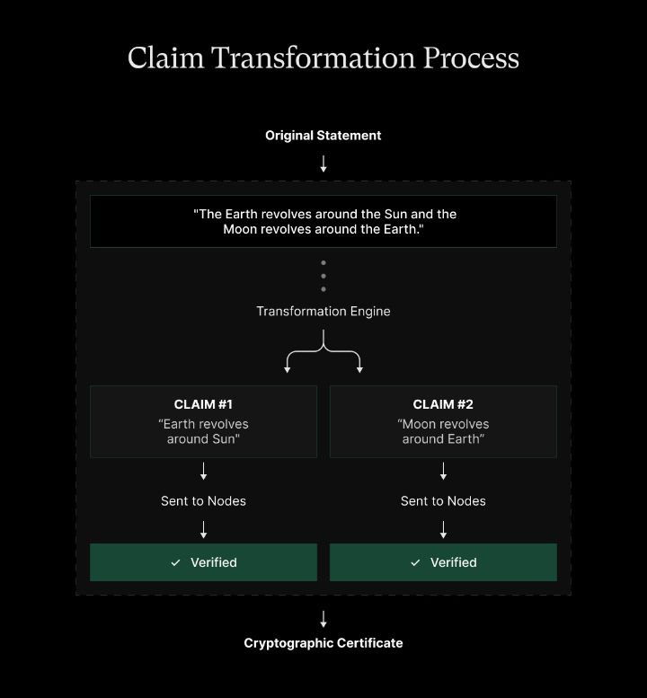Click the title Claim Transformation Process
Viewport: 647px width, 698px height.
coord(323,57)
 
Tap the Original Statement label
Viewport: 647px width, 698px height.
coord(323,136)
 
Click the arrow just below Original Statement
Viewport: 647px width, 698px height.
coord(323,163)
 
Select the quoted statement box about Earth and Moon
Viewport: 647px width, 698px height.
coord(323,222)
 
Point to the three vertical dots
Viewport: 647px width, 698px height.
coord(323,276)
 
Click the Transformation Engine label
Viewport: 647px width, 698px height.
coord(323,312)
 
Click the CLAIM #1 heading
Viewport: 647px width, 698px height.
coord(203,404)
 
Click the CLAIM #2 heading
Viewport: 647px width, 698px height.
coord(443,404)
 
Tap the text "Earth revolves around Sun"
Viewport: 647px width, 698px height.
coord(203,431)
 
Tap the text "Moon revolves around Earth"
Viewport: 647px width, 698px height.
coord(443,431)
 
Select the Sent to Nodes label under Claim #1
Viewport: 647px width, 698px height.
coord(203,501)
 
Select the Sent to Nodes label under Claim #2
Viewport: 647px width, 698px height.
coord(443,501)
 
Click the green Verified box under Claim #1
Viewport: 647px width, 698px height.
coord(203,562)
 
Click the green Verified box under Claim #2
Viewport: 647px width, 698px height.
coord(443,562)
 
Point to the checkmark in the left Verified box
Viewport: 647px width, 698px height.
coord(176,562)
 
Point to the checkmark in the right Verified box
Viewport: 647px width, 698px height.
coord(415,562)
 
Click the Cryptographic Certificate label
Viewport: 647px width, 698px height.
coord(323,643)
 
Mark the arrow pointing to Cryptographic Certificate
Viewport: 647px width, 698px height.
coord(323,619)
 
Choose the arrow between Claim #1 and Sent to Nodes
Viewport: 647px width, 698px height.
coord(204,471)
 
